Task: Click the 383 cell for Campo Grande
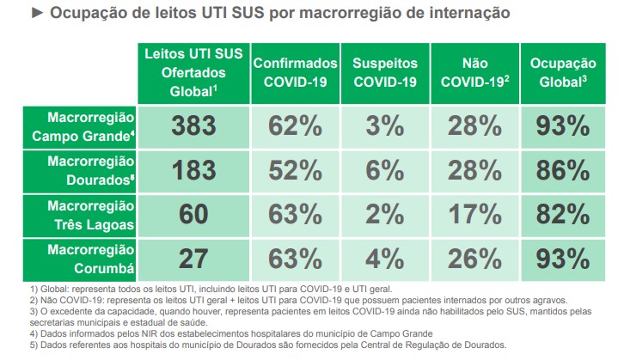pyautogui.click(x=193, y=125)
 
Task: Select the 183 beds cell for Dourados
pyautogui.click(x=193, y=170)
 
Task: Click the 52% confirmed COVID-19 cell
pyautogui.click(x=295, y=170)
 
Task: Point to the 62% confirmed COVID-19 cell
pyautogui.click(x=295, y=125)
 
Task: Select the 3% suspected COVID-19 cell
pyautogui.click(x=384, y=125)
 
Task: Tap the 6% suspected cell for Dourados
pyautogui.click(x=384, y=170)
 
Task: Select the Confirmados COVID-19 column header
pyautogui.click(x=295, y=72)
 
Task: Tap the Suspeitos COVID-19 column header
pyautogui.click(x=384, y=72)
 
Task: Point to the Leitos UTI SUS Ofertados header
pyautogui.click(x=193, y=72)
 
